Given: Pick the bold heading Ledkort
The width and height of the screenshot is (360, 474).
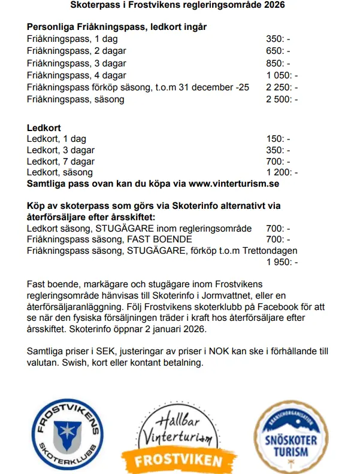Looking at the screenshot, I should click(x=44, y=127).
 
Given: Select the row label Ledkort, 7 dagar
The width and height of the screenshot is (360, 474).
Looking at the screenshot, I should click(x=61, y=162).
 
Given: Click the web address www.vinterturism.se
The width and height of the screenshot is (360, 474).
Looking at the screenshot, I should click(x=227, y=184).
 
